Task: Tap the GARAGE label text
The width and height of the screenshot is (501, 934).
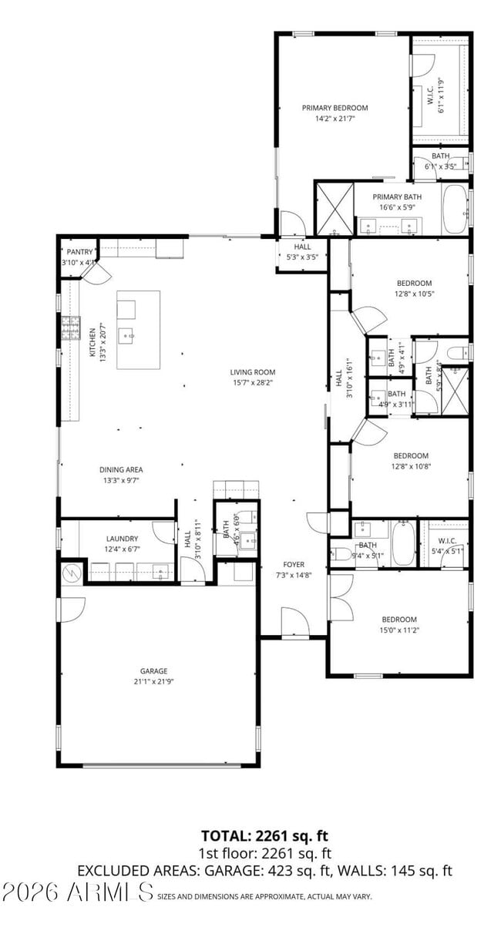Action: tap(153, 670)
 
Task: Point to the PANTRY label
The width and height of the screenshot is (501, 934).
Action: tap(79, 252)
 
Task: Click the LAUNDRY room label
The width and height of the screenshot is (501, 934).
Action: tap(122, 539)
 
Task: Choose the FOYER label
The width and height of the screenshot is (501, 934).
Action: tap(294, 563)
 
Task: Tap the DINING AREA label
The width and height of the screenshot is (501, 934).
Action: tap(121, 469)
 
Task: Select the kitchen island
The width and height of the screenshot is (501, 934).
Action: tap(139, 329)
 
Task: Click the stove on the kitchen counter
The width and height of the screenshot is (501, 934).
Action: tap(71, 328)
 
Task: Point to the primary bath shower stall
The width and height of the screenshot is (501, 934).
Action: tap(335, 208)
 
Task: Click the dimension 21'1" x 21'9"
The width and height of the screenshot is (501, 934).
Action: tap(153, 681)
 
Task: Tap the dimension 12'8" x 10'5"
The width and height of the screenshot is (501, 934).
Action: tap(414, 294)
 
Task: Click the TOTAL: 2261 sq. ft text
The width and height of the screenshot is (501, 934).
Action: tap(264, 835)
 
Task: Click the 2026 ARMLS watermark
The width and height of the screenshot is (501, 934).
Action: tap(77, 892)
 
